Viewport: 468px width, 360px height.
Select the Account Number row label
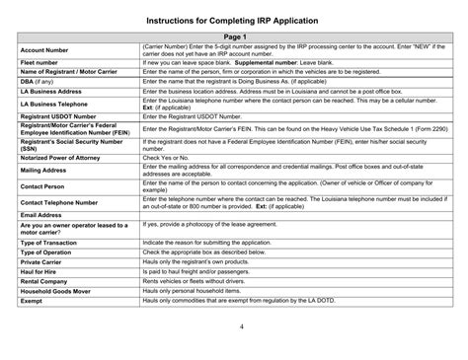point(44,47)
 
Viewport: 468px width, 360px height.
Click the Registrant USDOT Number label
point(57,116)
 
